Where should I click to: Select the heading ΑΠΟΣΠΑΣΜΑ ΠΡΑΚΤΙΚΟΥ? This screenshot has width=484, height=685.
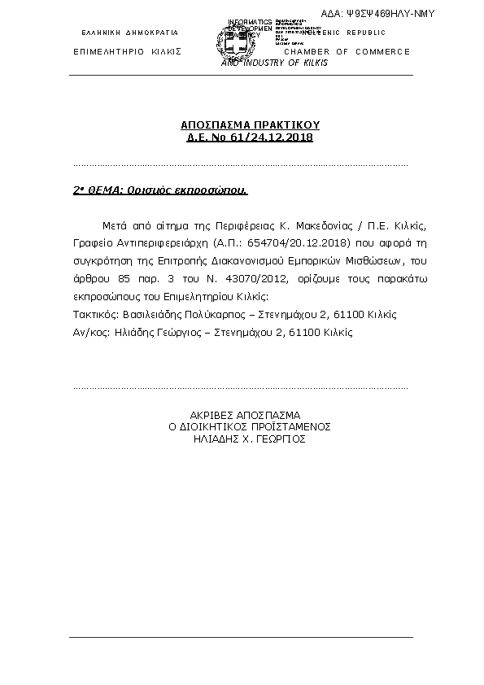(x=250, y=125)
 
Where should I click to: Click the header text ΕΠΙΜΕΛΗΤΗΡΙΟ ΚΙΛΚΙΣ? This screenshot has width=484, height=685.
(x=126, y=52)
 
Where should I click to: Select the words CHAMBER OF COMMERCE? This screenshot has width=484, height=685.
(x=347, y=52)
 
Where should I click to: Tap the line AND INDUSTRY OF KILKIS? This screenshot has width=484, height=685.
(x=275, y=63)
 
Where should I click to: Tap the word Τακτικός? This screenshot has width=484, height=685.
(x=91, y=314)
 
